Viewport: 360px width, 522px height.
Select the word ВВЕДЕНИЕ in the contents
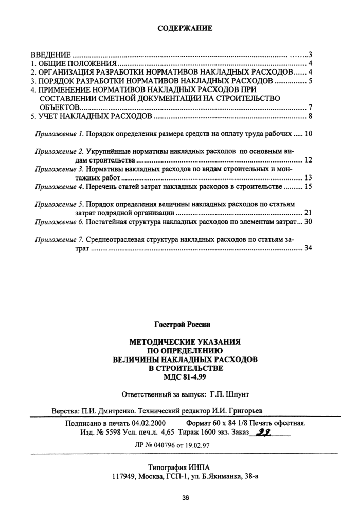[50, 55]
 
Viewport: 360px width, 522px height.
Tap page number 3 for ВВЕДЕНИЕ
[311, 55]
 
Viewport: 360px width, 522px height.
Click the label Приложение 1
[58, 134]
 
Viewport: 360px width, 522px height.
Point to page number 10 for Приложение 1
[309, 134]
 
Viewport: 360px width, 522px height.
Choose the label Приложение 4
[58, 186]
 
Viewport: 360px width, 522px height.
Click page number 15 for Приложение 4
[309, 186]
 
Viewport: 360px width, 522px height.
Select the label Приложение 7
[58, 239]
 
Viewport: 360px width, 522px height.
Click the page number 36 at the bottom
[185, 498]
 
